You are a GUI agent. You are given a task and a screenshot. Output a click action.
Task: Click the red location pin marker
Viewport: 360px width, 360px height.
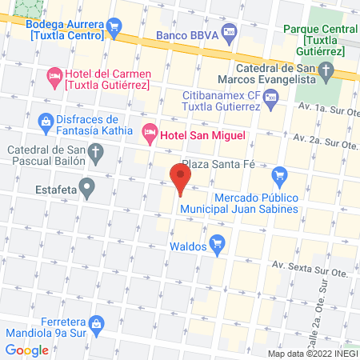(181, 178)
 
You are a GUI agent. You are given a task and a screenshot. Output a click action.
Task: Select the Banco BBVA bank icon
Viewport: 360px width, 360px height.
(230, 36)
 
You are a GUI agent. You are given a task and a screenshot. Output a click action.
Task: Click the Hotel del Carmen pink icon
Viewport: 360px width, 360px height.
(54, 78)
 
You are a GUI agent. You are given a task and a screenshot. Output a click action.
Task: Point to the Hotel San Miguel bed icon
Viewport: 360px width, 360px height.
(149, 135)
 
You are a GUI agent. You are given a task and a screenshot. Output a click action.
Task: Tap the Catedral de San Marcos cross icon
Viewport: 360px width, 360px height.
(326, 74)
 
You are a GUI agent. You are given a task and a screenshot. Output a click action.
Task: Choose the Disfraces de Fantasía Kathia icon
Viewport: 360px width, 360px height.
(45, 122)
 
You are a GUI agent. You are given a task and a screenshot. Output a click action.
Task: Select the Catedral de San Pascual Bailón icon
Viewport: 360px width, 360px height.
(94, 151)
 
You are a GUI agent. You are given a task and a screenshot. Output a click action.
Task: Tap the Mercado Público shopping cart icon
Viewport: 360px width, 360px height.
(279, 174)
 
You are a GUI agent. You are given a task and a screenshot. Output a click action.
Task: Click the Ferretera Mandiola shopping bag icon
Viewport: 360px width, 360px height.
(95, 322)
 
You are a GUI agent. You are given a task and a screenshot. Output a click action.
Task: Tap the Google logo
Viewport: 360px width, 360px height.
(27, 350)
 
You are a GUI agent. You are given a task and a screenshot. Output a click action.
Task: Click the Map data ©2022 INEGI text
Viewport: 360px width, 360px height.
(312, 354)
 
